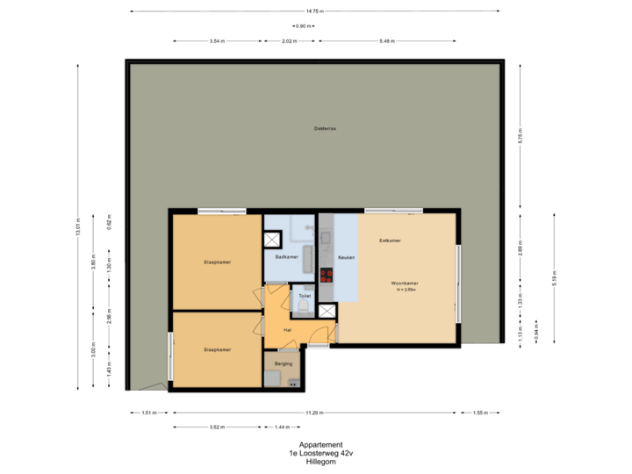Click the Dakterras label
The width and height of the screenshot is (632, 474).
click(x=325, y=129)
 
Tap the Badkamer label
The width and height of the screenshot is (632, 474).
click(x=287, y=257)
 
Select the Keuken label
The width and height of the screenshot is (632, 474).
click(x=346, y=257)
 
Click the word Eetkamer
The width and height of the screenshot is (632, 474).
click(x=390, y=240)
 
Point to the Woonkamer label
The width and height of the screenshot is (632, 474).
click(x=405, y=284)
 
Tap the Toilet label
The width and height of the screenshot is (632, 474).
click(x=305, y=297)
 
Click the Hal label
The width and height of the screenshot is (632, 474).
click(x=287, y=330)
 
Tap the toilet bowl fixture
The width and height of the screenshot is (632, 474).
click(x=305, y=308)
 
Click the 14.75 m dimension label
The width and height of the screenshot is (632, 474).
click(x=314, y=11)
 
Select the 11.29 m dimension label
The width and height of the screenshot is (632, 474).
click(x=314, y=413)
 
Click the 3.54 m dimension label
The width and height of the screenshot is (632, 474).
click(x=217, y=41)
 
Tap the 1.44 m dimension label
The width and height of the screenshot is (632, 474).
click(x=282, y=427)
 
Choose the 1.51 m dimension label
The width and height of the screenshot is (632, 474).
click(x=148, y=413)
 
